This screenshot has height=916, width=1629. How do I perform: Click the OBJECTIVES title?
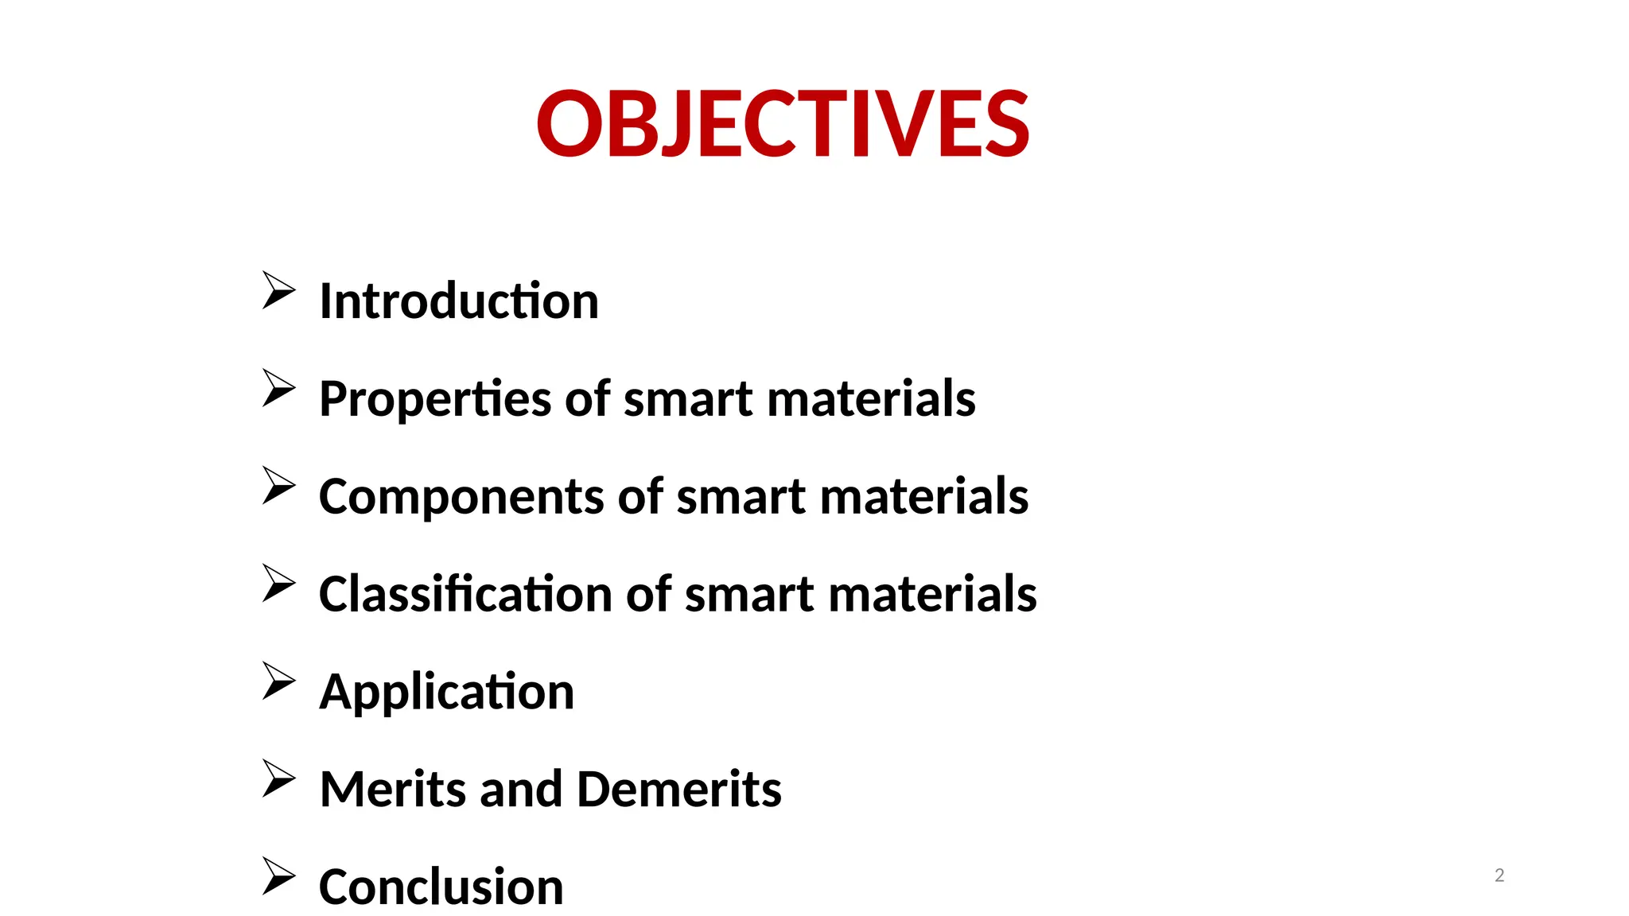pyautogui.click(x=783, y=124)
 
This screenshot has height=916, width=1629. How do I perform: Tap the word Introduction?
pyautogui.click(x=459, y=301)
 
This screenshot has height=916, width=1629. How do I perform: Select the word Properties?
pyautogui.click(x=435, y=399)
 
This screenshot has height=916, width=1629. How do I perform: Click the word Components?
pyautogui.click(x=461, y=497)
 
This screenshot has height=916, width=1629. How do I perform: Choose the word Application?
pyautogui.click(x=446, y=693)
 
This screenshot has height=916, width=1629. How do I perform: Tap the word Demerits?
pyautogui.click(x=678, y=790)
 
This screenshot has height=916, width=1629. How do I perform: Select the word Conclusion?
pyautogui.click(x=441, y=887)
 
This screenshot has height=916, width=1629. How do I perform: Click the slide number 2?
pyautogui.click(x=1499, y=875)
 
